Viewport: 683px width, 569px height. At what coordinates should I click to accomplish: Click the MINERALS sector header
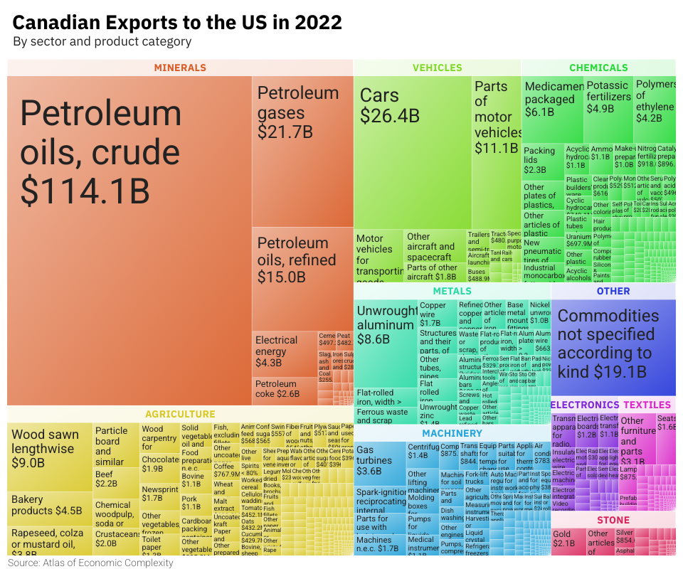click(x=180, y=68)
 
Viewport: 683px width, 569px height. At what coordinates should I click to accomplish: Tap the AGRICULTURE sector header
click(x=180, y=414)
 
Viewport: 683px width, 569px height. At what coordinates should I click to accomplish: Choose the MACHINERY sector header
click(x=452, y=433)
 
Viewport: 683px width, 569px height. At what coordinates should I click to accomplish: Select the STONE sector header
click(x=613, y=520)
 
